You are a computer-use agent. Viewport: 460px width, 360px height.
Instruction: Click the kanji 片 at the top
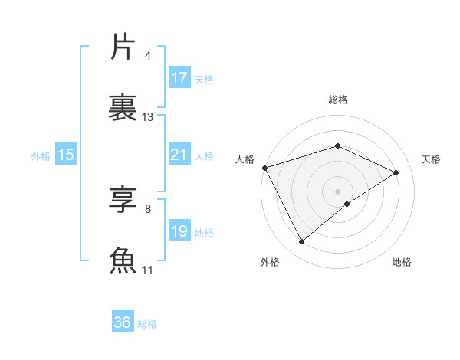123,47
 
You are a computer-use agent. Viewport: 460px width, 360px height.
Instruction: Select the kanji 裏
123,106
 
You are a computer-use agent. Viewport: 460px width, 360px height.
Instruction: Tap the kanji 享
123,201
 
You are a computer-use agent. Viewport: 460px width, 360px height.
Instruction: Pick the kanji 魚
123,260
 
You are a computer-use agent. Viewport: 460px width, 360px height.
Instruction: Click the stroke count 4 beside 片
147,56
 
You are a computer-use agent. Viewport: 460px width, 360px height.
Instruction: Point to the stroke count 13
148,117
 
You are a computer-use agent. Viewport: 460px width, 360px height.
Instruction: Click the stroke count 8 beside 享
147,209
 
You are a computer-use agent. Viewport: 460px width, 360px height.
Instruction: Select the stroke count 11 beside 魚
148,270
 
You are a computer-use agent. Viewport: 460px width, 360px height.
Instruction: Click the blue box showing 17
179,78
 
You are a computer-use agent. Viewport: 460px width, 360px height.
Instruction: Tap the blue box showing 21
179,155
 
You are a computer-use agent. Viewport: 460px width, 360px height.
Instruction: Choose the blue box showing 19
179,231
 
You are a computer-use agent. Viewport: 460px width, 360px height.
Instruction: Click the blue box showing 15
66,155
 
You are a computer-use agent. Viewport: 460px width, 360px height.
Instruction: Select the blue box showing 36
123,322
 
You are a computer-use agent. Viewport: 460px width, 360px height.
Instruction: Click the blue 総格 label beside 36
148,324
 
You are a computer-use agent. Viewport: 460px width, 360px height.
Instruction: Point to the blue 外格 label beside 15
41,155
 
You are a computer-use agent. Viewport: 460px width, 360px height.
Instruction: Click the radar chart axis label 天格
431,159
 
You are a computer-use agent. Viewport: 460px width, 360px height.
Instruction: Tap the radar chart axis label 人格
245,159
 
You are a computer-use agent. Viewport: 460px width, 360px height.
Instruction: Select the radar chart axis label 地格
402,263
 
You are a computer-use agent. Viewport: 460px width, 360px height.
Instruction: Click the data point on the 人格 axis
264,168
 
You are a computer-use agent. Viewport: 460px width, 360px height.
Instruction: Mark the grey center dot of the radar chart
337,191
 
